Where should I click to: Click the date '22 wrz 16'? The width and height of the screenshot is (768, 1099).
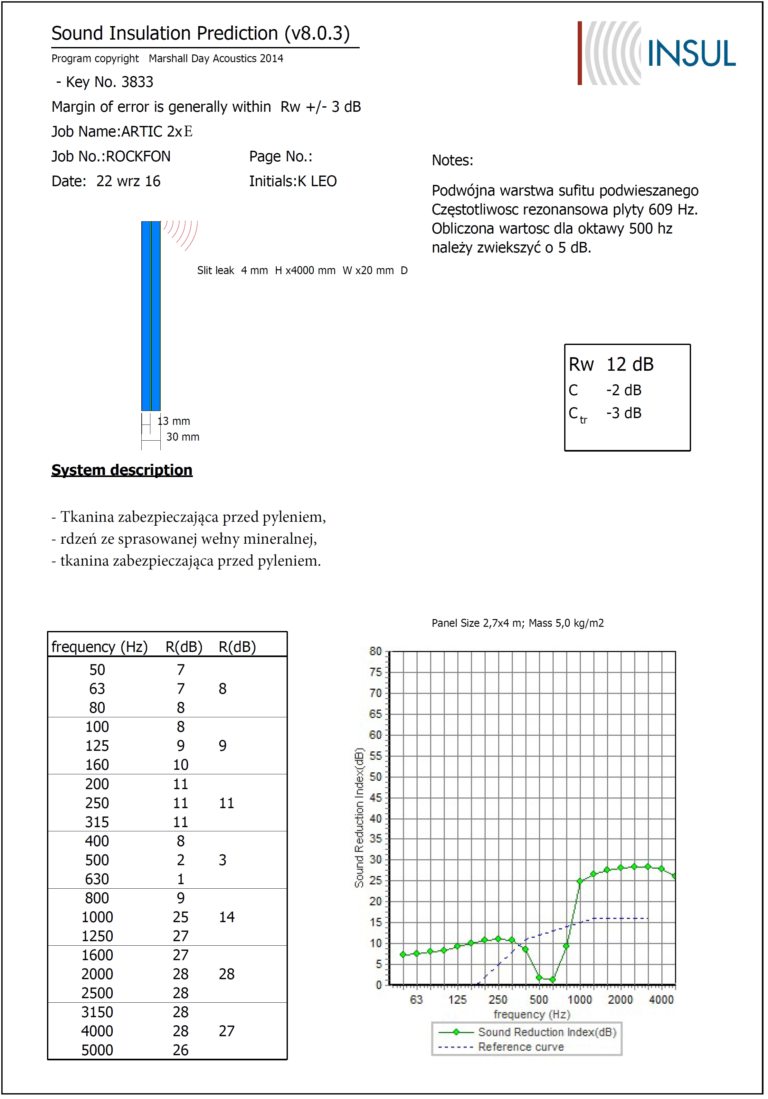[128, 181]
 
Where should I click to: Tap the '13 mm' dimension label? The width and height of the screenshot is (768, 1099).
[174, 421]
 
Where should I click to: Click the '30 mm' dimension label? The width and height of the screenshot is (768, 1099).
[183, 437]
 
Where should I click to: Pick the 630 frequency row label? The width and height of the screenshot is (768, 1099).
[97, 879]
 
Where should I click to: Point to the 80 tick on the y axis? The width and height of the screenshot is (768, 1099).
[375, 652]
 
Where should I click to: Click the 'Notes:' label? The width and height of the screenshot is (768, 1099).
[452, 160]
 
